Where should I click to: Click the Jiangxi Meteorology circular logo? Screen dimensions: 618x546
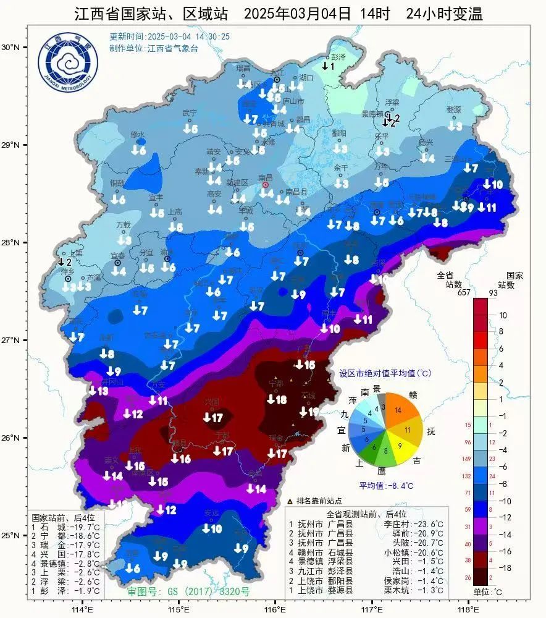pos(67,64)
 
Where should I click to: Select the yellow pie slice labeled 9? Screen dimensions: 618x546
pos(400,446)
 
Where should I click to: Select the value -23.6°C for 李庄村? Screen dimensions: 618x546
pos(430,523)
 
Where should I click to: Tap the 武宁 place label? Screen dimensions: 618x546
pos(189,113)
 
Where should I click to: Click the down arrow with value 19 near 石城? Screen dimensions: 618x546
pos(309,412)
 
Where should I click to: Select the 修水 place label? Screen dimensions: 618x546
pos(137,134)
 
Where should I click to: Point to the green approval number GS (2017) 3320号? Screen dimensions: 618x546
pos(188,591)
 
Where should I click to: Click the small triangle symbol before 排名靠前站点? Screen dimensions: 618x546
pos(290,501)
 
